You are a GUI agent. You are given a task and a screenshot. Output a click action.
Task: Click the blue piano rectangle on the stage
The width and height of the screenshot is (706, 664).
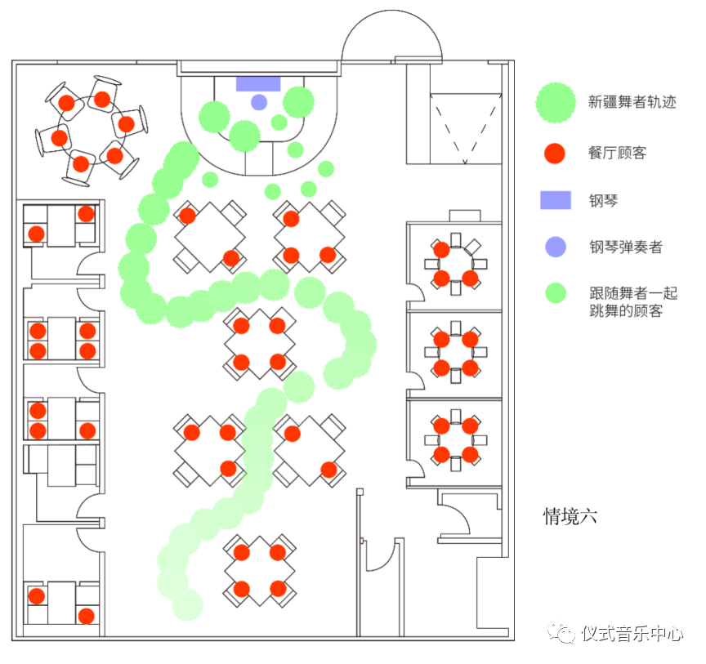(258, 83)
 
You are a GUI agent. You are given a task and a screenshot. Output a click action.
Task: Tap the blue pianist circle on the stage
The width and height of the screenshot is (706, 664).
(259, 102)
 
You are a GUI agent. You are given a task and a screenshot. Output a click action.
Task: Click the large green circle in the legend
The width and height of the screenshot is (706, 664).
(556, 103)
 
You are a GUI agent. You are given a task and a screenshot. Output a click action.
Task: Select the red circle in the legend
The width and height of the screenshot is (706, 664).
(555, 153)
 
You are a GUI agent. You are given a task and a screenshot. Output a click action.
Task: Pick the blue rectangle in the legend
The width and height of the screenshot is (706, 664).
(555, 200)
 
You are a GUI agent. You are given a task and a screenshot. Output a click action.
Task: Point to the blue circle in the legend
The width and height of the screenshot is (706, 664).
(555, 247)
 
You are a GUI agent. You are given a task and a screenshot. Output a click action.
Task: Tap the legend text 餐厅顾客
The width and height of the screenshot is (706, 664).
(617, 153)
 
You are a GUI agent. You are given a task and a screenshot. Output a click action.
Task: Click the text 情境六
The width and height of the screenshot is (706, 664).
(571, 516)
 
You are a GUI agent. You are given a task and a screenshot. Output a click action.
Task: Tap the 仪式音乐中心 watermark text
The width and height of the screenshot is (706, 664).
(632, 634)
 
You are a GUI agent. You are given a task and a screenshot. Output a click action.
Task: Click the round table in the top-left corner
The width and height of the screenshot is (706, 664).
(92, 131)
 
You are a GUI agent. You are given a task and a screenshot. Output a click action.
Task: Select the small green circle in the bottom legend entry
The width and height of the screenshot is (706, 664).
(556, 293)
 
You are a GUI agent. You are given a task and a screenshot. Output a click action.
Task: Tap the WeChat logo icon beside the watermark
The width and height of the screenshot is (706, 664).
(562, 633)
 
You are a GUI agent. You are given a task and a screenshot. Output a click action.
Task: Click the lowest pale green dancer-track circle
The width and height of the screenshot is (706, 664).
(188, 605)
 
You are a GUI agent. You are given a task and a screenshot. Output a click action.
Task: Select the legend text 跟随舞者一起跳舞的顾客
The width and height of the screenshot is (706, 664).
(632, 302)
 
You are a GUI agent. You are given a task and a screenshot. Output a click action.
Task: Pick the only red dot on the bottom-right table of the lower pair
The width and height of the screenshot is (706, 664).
(328, 470)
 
